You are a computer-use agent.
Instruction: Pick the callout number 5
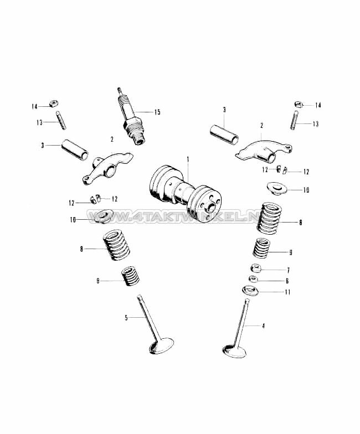126,318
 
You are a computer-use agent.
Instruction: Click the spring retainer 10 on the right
278,189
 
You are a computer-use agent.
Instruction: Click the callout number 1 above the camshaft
188,159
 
